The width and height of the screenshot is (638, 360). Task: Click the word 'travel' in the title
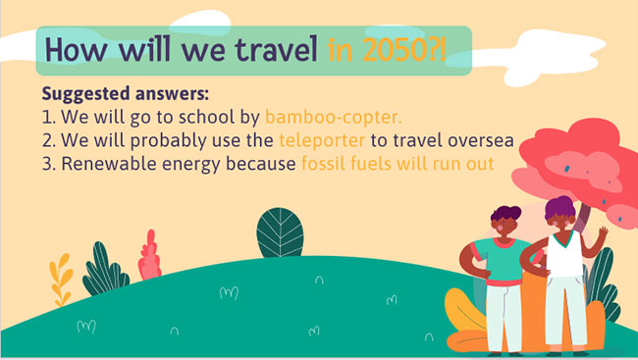pyautogui.click(x=276, y=49)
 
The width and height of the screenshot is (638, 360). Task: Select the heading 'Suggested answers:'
pyautogui.click(x=126, y=93)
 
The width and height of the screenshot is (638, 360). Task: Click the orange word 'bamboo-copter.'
pyautogui.click(x=334, y=117)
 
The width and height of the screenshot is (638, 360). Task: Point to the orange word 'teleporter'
pyautogui.click(x=322, y=140)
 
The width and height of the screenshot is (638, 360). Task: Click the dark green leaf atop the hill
pyautogui.click(x=280, y=232)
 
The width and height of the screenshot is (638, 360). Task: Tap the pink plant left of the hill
pyautogui.click(x=149, y=255)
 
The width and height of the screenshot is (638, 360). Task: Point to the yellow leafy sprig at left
pyautogui.click(x=61, y=280)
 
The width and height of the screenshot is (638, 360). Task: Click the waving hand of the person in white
pyautogui.click(x=603, y=232)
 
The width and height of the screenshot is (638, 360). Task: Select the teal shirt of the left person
pyautogui.click(x=500, y=261)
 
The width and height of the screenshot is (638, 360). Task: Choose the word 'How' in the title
pyautogui.click(x=77, y=50)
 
